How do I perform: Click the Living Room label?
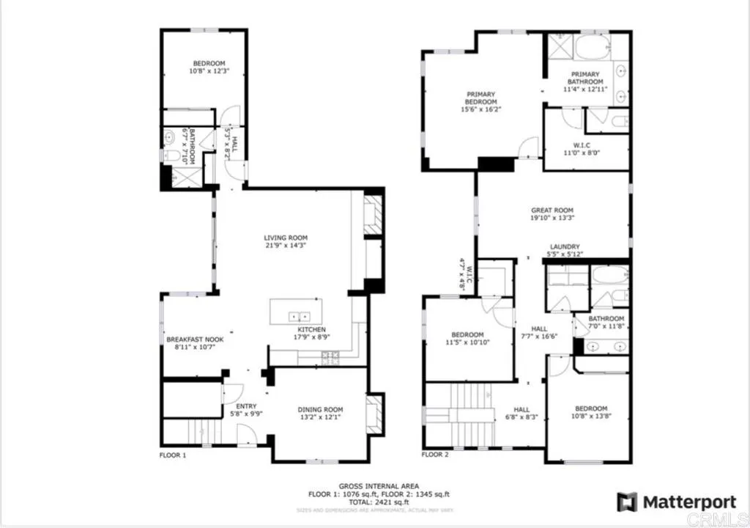coord(286,238)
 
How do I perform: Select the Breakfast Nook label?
coord(195,340)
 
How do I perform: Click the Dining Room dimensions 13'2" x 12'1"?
coord(320,419)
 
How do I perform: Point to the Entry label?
coord(245,405)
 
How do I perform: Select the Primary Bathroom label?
coord(586,74)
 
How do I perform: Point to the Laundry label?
coord(565,246)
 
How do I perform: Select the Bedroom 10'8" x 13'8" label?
coord(590,408)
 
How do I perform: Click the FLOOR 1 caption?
coord(173,455)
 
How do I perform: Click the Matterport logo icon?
coord(626,502)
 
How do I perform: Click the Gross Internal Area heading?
coord(379,486)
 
